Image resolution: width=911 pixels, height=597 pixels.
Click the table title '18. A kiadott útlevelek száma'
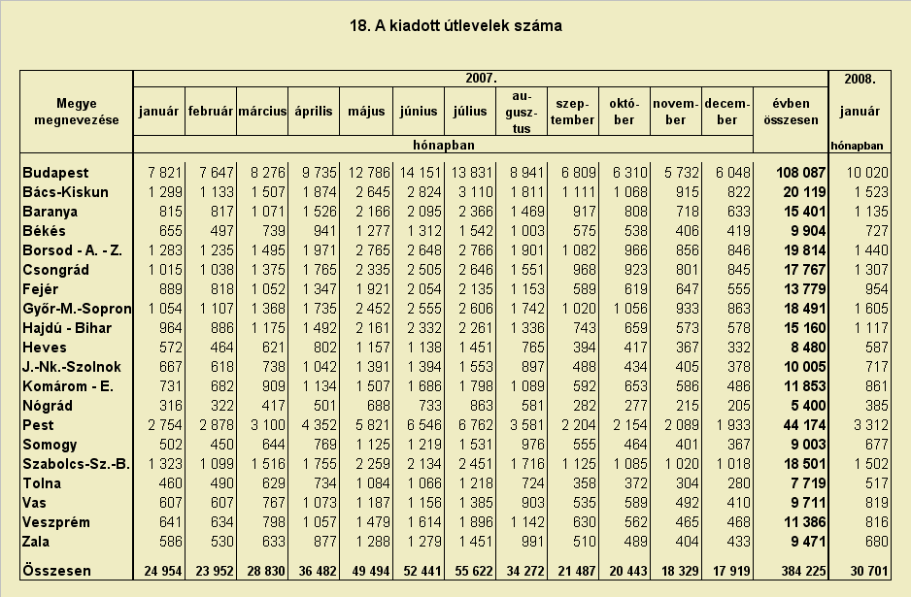[455, 26]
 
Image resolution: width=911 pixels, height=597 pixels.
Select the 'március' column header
[262, 111]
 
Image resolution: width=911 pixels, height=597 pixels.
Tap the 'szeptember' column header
[572, 112]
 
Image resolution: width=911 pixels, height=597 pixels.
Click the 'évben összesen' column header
[791, 112]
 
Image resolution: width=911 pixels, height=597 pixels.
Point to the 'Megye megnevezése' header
[77, 112]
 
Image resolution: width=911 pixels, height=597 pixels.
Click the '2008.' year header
[860, 79]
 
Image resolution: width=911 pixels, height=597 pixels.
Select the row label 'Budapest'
[55, 173]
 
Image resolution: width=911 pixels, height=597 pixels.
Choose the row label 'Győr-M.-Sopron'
[78, 309]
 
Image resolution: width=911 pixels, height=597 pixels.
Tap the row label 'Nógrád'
[48, 406]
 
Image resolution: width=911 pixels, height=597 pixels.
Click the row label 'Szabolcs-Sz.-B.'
[76, 464]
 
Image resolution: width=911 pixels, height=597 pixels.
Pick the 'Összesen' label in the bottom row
[57, 570]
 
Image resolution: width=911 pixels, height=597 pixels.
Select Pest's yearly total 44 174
[804, 425]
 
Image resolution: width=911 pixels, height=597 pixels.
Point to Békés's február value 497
[222, 231]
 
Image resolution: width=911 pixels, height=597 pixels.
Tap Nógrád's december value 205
[739, 406]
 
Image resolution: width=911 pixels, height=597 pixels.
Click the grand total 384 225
[803, 571]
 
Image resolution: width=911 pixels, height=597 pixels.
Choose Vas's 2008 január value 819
[877, 502]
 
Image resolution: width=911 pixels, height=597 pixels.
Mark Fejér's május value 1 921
[373, 289]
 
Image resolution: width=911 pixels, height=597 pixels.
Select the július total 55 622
[474, 571]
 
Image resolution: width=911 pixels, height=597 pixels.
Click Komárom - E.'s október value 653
[635, 386]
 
